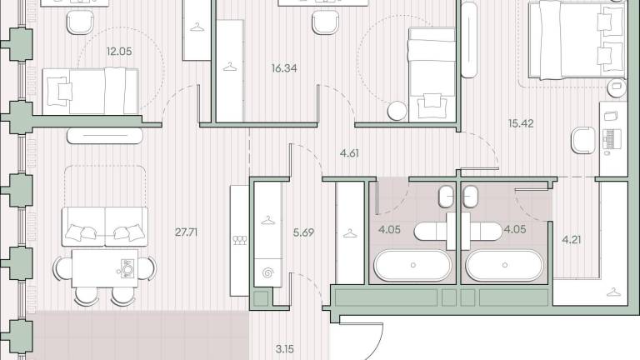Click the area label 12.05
point(119,52)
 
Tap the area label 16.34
point(284,68)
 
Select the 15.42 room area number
point(521,123)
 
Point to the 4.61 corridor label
point(349,153)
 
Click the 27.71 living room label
point(186,232)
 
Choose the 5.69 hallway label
point(303,232)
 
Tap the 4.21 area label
point(572,240)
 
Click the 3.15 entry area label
point(284,349)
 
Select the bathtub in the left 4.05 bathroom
point(412,265)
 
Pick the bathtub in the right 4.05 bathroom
point(504,265)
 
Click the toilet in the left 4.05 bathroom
point(446,197)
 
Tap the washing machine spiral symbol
point(267,272)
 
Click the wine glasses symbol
point(240,240)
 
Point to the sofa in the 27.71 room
point(105,227)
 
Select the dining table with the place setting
point(105,268)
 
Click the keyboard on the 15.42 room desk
point(612,139)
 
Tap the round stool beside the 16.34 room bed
point(397,111)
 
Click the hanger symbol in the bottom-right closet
point(613,292)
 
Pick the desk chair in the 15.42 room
point(583,140)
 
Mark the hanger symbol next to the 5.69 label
point(267,221)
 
